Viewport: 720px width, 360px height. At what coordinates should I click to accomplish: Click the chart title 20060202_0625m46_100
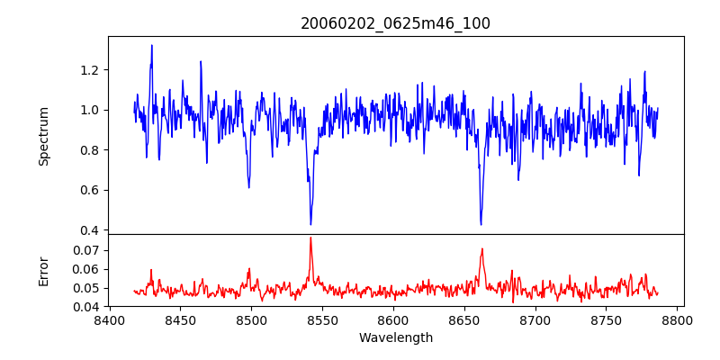click(395, 23)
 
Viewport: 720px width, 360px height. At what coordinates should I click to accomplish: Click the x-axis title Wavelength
click(395, 338)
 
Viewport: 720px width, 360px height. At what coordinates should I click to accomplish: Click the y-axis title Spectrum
click(44, 136)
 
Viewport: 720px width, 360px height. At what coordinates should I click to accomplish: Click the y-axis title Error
click(44, 271)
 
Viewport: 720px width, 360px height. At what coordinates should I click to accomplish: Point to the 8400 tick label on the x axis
click(109, 320)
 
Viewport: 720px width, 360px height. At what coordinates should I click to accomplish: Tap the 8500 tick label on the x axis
click(251, 320)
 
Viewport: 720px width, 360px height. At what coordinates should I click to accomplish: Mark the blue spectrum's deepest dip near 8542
click(310, 224)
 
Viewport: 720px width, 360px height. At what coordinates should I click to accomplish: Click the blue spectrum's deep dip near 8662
click(481, 224)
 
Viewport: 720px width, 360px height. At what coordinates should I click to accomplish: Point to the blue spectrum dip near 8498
click(248, 187)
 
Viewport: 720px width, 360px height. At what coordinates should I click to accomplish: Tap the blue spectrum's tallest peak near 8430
click(151, 45)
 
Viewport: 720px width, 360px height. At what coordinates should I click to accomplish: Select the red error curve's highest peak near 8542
click(310, 238)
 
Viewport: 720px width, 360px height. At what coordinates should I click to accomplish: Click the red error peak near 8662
click(482, 249)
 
